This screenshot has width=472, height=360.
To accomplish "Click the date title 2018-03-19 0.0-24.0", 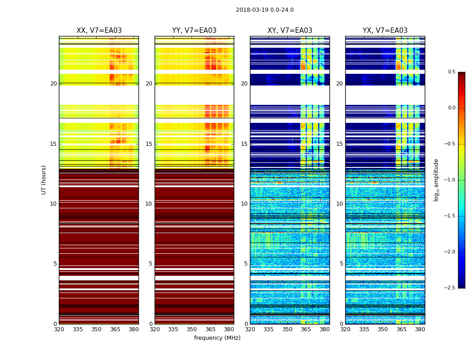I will click(265, 10).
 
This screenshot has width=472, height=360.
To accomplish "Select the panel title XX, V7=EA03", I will click(99, 31).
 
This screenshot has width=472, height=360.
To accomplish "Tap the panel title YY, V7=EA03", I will click(194, 31).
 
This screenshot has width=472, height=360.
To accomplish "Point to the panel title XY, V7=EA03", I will click(290, 31).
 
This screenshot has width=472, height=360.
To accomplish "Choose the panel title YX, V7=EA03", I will click(385, 31).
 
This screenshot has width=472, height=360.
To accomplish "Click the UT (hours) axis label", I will click(44, 180).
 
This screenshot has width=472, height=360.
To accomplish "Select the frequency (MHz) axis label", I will click(217, 338).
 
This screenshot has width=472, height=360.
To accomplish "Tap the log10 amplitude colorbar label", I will click(436, 180).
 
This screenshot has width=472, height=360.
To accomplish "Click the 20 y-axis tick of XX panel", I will click(53, 84).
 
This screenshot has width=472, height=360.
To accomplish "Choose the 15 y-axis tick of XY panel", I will click(245, 144).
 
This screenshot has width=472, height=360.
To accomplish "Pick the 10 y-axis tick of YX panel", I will click(340, 204).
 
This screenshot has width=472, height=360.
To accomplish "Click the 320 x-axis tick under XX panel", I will click(59, 329).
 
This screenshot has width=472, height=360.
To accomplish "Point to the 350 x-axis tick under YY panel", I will click(192, 329).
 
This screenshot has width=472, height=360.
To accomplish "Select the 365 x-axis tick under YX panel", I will click(401, 329).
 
